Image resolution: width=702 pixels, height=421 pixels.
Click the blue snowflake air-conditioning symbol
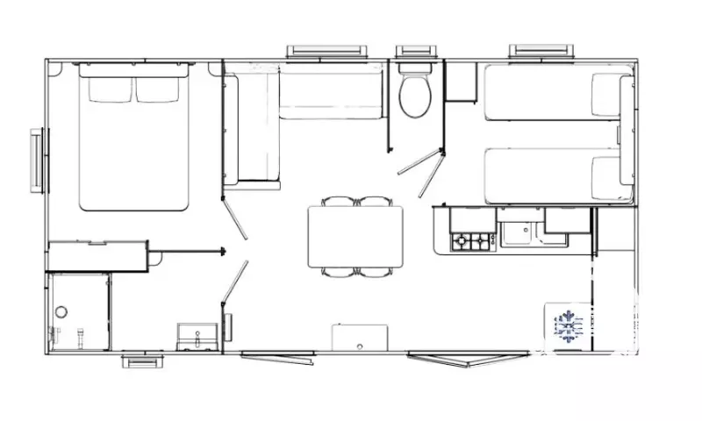568,327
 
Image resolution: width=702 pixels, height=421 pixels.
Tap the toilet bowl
413,95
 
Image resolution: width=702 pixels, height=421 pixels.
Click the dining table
355,237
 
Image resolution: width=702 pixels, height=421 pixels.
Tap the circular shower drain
61,311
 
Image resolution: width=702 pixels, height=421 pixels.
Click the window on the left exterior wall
37,159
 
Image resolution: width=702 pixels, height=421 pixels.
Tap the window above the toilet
412,52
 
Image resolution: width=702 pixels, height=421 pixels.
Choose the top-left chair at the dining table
337,202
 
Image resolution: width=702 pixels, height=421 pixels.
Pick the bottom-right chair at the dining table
374,272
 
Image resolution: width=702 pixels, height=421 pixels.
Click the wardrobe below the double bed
97,255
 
